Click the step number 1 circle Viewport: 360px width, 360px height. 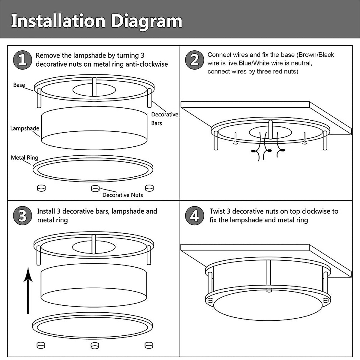22,60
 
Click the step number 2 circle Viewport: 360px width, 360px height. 194,60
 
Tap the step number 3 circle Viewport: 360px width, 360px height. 22,216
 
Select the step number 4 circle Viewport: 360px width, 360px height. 194,216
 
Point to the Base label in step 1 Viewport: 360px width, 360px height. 19,85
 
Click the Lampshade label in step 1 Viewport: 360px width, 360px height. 25,128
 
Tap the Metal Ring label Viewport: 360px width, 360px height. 25,157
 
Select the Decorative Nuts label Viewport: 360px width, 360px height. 122,195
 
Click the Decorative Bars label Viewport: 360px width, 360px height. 164,118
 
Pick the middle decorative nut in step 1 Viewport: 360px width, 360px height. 95,188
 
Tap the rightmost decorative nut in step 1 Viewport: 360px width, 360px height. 149,188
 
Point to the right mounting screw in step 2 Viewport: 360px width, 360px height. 305,139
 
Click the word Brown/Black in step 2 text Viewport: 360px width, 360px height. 316,55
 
